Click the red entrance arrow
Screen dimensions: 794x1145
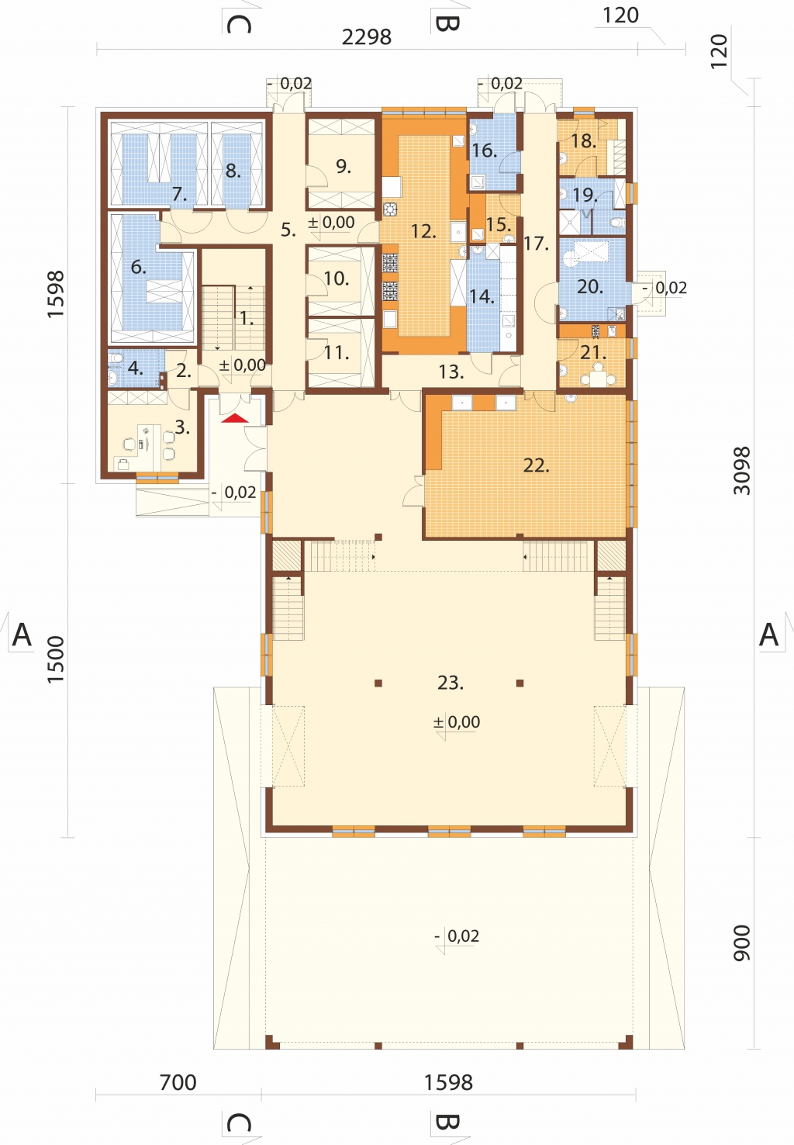235,418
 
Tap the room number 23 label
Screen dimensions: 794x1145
451,683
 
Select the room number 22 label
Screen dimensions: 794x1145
536,465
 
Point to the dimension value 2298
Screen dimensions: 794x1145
366,36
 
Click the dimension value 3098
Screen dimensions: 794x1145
741,471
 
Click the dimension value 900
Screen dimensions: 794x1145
741,943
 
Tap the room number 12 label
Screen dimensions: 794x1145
423,231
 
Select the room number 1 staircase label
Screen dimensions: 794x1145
247,319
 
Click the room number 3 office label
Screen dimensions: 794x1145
182,428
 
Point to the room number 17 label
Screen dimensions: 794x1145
536,244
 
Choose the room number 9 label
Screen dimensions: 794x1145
343,166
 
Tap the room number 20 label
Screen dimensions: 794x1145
590,287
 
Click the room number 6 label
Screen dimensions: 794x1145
139,266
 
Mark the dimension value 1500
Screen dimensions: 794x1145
56,660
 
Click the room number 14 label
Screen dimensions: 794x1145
482,296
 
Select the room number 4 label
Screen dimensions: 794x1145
136,368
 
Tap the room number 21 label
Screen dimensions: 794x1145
593,352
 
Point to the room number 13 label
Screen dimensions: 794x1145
451,372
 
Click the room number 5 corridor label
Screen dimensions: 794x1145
288,230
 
